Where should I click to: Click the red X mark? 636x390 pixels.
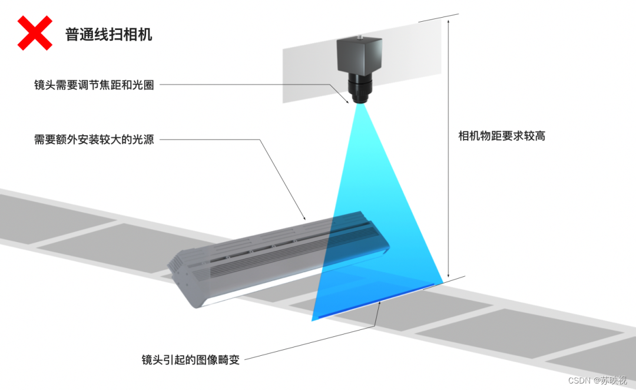(x=35, y=32)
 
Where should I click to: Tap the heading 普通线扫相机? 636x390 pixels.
(x=109, y=34)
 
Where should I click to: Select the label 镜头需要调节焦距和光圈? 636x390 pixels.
(x=94, y=85)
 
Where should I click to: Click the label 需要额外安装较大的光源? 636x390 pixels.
(x=94, y=140)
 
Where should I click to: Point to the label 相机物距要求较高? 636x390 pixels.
(x=502, y=136)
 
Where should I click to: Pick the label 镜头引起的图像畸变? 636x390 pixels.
(x=191, y=359)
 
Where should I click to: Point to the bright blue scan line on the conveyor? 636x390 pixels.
(x=377, y=302)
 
